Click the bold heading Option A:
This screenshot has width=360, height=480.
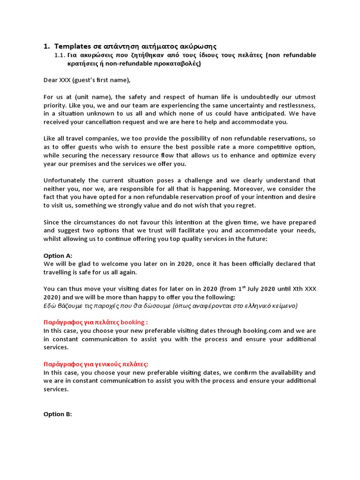[58, 256]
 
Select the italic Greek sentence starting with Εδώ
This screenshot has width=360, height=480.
[170, 306]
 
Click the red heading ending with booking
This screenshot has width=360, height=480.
[96, 322]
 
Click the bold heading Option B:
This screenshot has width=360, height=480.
[58, 414]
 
